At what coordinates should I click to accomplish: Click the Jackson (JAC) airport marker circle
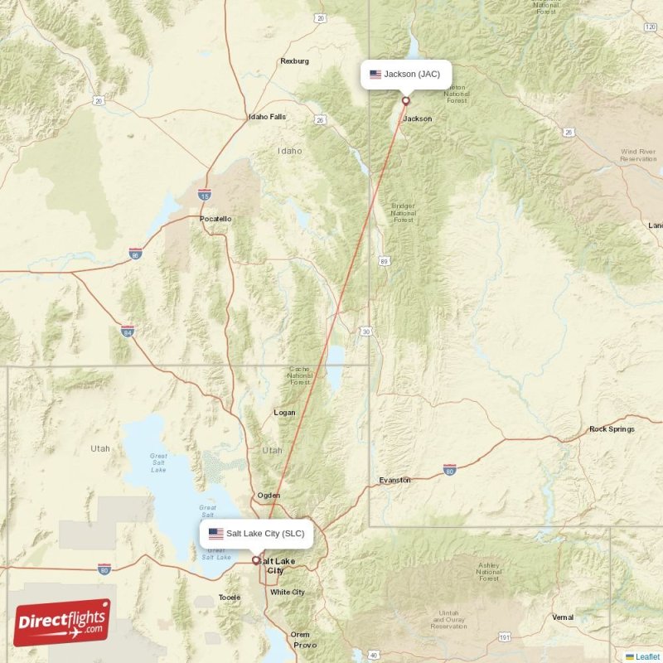click(x=406, y=101)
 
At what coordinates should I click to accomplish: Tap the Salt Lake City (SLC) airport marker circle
click(x=256, y=560)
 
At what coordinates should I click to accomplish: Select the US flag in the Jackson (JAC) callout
click(x=375, y=75)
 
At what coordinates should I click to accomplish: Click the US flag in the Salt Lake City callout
click(x=215, y=534)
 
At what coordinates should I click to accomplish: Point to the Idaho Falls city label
click(x=267, y=117)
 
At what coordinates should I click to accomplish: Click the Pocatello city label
click(x=215, y=219)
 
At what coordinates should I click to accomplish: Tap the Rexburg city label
click(x=294, y=61)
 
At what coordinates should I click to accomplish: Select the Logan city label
click(x=284, y=412)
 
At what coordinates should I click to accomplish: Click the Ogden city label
click(x=269, y=495)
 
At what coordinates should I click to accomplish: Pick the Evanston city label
click(x=394, y=480)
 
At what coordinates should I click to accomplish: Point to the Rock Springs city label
click(x=612, y=429)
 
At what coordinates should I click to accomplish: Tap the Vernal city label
click(x=563, y=617)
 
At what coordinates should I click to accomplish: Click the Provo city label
click(x=304, y=645)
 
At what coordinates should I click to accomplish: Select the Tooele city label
click(x=229, y=597)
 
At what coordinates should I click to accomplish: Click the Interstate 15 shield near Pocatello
click(x=204, y=195)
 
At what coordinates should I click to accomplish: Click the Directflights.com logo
click(x=62, y=622)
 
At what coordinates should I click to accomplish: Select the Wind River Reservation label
click(x=638, y=155)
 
